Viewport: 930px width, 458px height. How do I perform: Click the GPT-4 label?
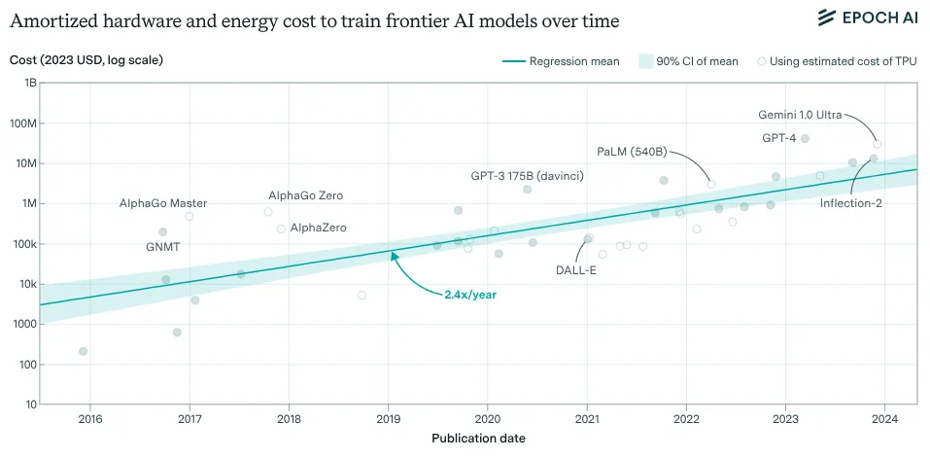pos(778,138)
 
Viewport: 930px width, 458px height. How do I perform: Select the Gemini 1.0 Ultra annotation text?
pos(800,115)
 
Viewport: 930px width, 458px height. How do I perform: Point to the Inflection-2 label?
pos(850,203)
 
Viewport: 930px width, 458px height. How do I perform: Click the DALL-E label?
pos(575,269)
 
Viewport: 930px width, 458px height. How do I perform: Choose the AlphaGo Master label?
pos(162,203)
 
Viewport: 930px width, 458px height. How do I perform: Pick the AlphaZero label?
pos(318,228)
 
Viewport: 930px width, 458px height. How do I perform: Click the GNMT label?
pos(162,248)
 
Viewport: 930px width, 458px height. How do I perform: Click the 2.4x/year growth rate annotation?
pos(470,295)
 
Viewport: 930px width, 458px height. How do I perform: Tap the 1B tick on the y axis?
pos(29,83)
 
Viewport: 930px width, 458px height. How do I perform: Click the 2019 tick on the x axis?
pos(388,419)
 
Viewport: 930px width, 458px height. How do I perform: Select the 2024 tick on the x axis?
pos(885,419)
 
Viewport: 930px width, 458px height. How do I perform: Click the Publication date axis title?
pos(478,439)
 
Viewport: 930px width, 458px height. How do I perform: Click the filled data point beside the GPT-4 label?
pos(804,139)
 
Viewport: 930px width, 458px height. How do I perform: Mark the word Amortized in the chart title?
pos(57,20)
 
